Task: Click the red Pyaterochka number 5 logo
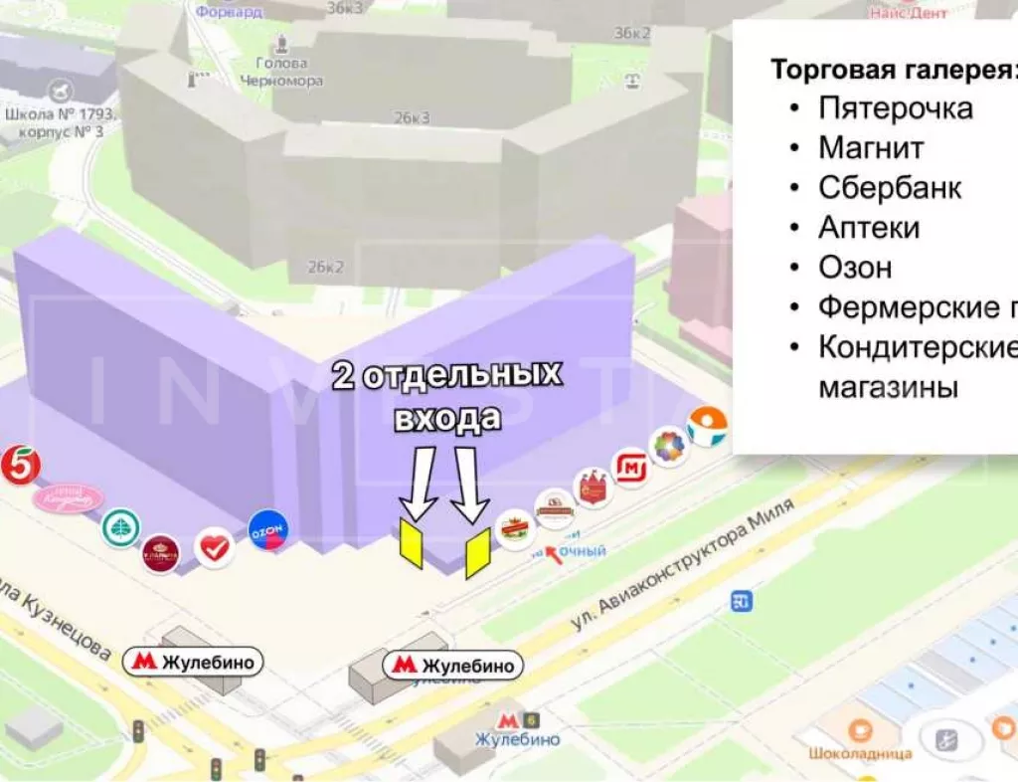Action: (19, 466)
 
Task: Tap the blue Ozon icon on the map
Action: (266, 530)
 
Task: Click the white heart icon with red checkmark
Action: (215, 546)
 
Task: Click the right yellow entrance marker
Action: (477, 553)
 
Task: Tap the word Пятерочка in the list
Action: (895, 107)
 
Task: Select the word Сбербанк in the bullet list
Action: (890, 187)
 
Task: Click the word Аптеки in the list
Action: (869, 228)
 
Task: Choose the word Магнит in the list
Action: (871, 147)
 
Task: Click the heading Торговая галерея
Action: (893, 70)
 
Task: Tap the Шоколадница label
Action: (861, 753)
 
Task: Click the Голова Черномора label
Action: (288, 72)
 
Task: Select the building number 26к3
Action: (411, 117)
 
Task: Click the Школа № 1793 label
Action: (60, 121)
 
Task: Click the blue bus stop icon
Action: (741, 601)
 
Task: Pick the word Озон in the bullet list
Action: (855, 268)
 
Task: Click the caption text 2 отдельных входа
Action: (446, 397)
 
